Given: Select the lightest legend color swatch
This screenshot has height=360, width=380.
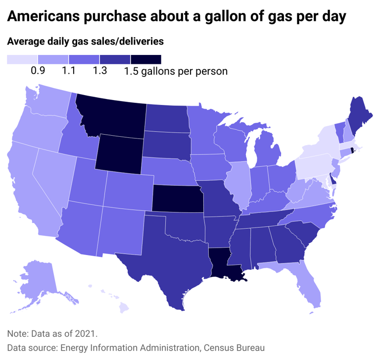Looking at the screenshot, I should (x=22, y=59).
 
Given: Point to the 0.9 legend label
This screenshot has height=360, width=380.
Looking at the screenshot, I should (x=38, y=71).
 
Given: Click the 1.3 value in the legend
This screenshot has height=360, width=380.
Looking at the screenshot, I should (x=99, y=71).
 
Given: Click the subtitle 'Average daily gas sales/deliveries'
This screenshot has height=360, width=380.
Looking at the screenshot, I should (x=85, y=42).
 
